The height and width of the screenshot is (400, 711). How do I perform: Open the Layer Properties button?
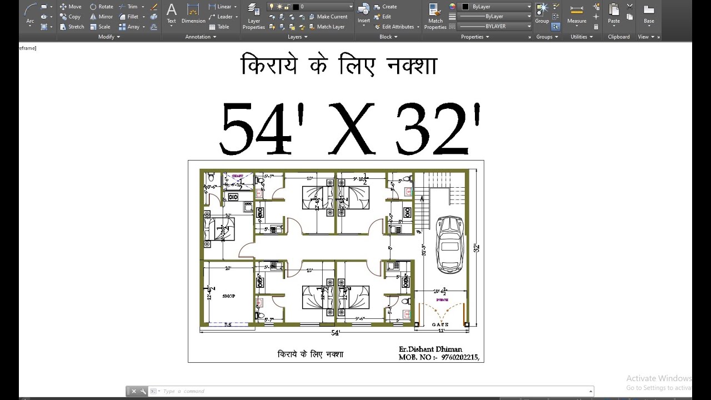[x=254, y=16]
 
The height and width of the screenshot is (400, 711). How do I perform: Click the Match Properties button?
[x=435, y=16]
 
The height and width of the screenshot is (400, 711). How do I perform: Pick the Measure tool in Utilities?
[x=577, y=13]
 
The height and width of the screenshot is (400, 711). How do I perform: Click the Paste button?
[x=614, y=13]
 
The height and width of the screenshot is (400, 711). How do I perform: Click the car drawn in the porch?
[x=450, y=244]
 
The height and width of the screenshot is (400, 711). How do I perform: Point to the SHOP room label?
[x=229, y=296]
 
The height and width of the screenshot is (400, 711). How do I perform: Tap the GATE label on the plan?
[x=440, y=324]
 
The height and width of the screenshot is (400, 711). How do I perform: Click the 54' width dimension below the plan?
[x=336, y=333]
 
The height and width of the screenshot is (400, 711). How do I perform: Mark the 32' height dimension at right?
[x=476, y=248]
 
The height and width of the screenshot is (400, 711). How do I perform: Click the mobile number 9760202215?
[x=459, y=357]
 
